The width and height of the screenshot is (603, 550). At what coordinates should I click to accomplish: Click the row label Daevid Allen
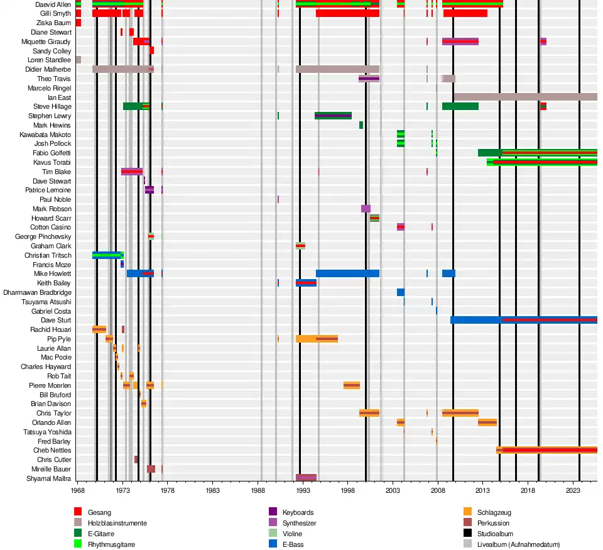click(53, 4)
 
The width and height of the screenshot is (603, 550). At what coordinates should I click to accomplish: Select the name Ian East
click(60, 97)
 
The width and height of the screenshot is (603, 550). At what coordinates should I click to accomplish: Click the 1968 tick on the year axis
click(78, 490)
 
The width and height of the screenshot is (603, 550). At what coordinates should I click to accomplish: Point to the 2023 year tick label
click(573, 490)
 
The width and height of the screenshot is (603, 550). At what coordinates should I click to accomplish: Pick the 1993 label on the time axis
click(303, 490)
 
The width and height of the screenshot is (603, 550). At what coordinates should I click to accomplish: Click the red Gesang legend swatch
click(78, 513)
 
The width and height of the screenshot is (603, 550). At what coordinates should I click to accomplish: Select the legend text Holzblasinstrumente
click(117, 523)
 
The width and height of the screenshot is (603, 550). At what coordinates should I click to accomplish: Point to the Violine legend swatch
click(273, 534)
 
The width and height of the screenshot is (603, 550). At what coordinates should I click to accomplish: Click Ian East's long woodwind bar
click(525, 97)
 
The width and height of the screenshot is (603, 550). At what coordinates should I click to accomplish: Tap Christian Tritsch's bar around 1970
click(107, 255)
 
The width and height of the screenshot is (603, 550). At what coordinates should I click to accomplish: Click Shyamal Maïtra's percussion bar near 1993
click(306, 478)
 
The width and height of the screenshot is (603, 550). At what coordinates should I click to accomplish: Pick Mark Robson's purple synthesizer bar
click(366, 209)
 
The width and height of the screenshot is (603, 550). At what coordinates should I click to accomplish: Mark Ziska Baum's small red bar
click(78, 23)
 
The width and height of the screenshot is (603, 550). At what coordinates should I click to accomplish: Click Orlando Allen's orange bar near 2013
click(487, 422)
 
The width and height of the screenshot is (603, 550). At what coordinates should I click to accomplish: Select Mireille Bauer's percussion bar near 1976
click(151, 469)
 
